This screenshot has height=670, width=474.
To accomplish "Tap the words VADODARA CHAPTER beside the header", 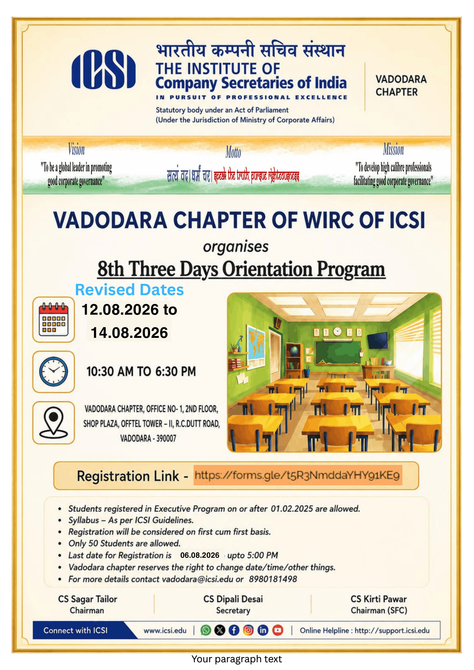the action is click(401, 86).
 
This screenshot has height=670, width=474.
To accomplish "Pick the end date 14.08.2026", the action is click(129, 333).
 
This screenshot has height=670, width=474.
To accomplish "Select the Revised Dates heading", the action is click(129, 290).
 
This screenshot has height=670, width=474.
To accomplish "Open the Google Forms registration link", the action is click(297, 475).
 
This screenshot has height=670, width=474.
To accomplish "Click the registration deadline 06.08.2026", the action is click(200, 555).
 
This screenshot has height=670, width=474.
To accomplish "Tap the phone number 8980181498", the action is click(273, 579).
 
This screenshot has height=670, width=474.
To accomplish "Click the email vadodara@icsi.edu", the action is click(198, 579).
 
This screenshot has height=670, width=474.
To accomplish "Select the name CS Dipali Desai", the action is click(233, 599).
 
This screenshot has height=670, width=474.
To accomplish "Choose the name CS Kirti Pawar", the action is click(379, 599).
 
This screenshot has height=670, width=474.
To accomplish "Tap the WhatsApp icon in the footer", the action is click(206, 630).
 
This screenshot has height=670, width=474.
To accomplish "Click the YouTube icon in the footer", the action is click(278, 630).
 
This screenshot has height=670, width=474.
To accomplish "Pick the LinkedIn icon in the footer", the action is click(263, 630).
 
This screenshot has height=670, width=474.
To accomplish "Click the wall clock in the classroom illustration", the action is click(337, 331).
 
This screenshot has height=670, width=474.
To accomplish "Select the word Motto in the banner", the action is click(233, 152).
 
